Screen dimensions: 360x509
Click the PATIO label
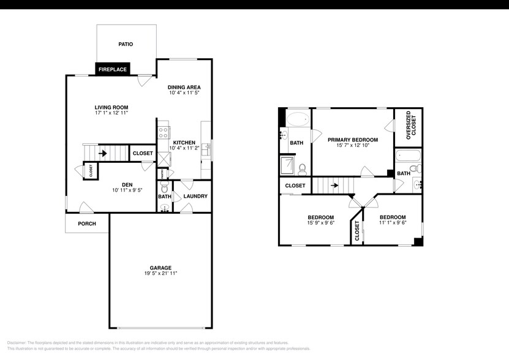pyautogui.click(x=125, y=45)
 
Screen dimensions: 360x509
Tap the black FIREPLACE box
pyautogui.click(x=113, y=69)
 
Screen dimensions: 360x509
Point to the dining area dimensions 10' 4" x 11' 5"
pyautogui.click(x=184, y=94)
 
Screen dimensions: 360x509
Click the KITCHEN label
pyautogui.click(x=184, y=142)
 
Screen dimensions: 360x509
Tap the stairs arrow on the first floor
pyautogui.click(x=103, y=152)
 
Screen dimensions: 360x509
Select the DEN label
pyautogui.click(x=127, y=184)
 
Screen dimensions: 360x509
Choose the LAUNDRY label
pyautogui.click(x=195, y=196)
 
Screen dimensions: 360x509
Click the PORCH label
pyautogui.click(x=87, y=223)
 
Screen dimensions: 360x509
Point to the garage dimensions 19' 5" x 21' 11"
pyautogui.click(x=160, y=273)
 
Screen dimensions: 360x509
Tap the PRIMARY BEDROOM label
pyautogui.click(x=352, y=140)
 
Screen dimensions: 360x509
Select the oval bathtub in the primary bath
pyautogui.click(x=298, y=119)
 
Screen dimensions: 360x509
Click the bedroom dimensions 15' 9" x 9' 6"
pyautogui.click(x=320, y=223)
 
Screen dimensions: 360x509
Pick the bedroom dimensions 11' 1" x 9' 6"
pyautogui.click(x=392, y=223)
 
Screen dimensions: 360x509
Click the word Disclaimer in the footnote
pyautogui.click(x=18, y=343)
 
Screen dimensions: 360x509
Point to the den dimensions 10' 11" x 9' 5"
pyautogui.click(x=127, y=190)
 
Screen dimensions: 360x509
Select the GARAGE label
pyautogui.click(x=160, y=267)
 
